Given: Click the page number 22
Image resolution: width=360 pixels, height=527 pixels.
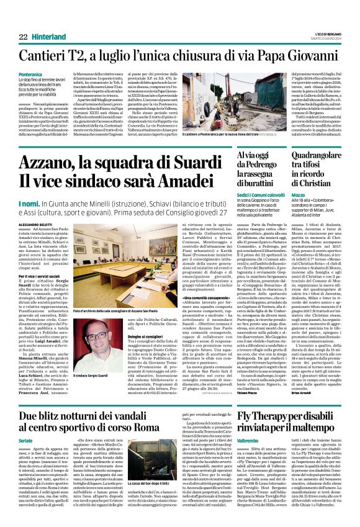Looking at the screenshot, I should [x=23, y=36].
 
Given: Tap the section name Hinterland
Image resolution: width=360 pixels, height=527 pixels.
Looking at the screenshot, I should [x=49, y=36].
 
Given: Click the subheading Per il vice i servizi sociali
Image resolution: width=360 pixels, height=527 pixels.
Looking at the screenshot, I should [x=42, y=276].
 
